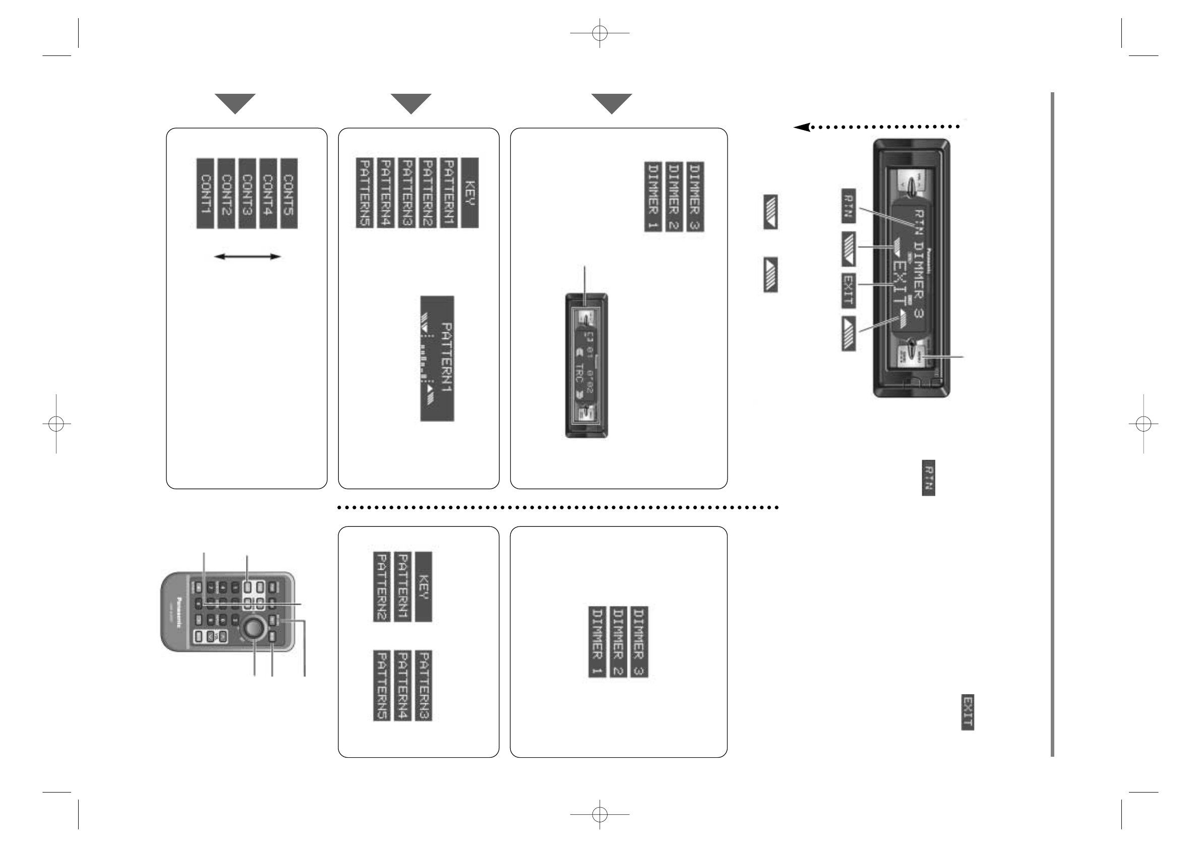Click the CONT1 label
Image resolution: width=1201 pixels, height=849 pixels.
click(205, 194)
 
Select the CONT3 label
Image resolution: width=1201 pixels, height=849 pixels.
click(247, 194)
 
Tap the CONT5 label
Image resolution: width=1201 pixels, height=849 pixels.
click(289, 194)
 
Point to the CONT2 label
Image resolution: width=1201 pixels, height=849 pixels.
click(226, 194)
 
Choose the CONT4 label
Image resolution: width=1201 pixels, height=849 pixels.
click(268, 194)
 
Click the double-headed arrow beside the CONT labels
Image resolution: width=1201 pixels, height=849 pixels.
click(248, 256)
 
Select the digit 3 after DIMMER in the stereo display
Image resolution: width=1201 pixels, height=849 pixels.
click(919, 316)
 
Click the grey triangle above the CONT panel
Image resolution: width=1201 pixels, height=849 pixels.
click(235, 103)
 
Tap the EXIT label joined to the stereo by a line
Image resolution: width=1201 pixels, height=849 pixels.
click(849, 290)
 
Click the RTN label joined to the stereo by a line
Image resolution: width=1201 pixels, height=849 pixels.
click(849, 206)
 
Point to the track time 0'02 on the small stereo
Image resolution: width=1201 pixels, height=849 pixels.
click(589, 384)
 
